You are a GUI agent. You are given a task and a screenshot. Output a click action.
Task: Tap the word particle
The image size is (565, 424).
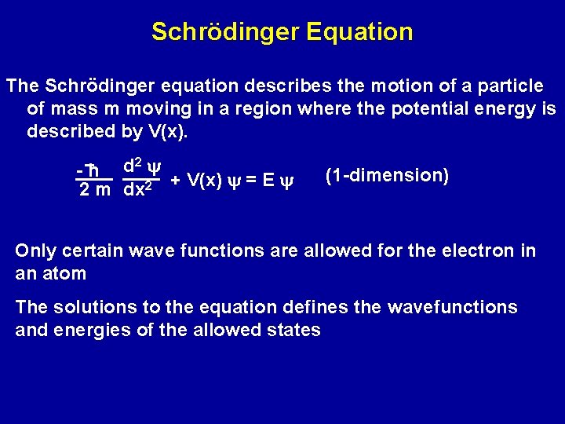pos(508,85)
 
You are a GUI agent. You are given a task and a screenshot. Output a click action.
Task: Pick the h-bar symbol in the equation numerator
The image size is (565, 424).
pos(91,171)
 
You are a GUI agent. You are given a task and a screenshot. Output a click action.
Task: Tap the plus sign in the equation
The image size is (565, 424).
pos(176,181)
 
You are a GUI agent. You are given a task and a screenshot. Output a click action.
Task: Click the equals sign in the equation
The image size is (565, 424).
pos(250,181)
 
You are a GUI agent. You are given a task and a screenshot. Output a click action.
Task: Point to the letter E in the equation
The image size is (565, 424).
pos(268,181)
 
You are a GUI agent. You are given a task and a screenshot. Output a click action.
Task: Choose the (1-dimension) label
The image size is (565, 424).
pos(387,175)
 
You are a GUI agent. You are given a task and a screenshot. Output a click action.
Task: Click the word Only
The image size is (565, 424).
pos(36,251)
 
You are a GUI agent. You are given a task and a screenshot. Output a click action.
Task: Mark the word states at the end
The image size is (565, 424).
pos(294,330)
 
